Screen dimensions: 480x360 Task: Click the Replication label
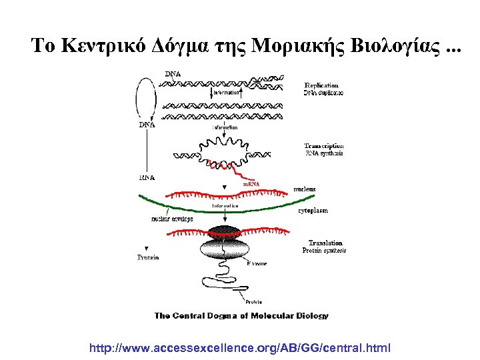pos(321,85)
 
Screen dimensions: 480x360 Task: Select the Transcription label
pos(324,145)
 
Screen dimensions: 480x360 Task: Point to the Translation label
pos(325,243)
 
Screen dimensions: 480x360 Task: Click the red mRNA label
pos(251,183)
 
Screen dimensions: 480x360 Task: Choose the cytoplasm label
pos(313,210)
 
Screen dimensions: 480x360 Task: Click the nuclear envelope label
pos(172,218)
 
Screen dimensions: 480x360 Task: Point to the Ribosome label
pos(257,264)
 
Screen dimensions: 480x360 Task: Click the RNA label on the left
pos(147,178)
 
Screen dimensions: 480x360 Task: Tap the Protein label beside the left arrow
pos(148,257)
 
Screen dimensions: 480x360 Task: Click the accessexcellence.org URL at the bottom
pos(240,348)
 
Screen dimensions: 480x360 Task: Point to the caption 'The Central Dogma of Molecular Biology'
pos(241,315)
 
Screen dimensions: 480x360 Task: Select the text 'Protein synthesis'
pos(324,251)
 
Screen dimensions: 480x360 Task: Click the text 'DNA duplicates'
pos(324,93)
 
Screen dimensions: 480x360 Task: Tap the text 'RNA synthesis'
pos(324,153)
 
